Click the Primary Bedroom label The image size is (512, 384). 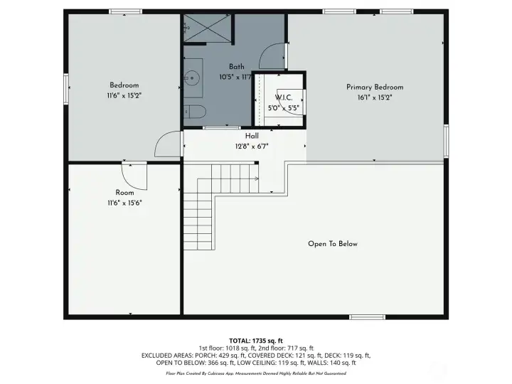coord(369,87)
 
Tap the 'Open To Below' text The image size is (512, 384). coord(332,244)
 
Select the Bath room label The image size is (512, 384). coord(236,67)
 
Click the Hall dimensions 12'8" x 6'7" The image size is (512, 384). coord(252,146)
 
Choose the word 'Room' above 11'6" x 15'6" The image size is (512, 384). coord(124,193)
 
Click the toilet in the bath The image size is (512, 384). coord(194,112)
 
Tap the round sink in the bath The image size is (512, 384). coord(192,73)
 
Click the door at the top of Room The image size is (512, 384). coord(134,175)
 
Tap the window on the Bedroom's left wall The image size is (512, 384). coord(68,90)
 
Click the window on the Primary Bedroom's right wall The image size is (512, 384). coord(446,140)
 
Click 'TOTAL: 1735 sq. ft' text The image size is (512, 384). coord(256,340)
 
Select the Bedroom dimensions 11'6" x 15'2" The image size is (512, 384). coord(124,95)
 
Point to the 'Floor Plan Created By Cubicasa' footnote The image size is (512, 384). coord(256,373)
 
